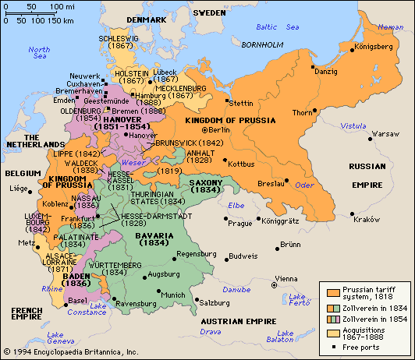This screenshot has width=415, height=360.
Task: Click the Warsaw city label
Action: pyautogui.click(x=363, y=134)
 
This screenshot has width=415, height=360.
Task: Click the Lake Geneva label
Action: pyautogui.click(x=54, y=336)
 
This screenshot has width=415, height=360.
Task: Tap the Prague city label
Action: pyautogui.click(x=239, y=223)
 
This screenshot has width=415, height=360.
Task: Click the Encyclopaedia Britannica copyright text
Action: pyautogui.click(x=66, y=352)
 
